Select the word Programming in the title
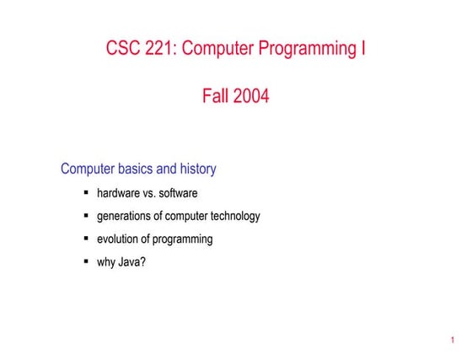coord(301,49)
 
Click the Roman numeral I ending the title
coord(362,48)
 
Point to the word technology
coord(232,216)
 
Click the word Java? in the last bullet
coord(132,261)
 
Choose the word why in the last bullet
coord(106,261)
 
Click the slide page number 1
coord(453,341)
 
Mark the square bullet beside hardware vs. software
coord(86,193)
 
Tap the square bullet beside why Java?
coord(86,261)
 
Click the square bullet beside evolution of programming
coord(86,239)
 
